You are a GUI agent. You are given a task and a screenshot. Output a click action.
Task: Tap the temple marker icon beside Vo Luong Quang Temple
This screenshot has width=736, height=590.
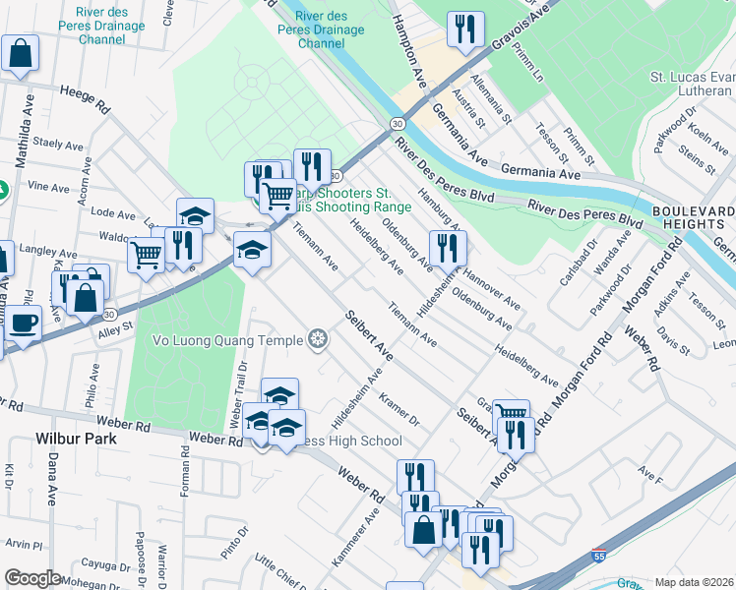(318, 340)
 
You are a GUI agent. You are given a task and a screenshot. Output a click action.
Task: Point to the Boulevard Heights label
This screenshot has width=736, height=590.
(693, 217)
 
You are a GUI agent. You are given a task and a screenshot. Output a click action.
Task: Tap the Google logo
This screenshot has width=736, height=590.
(32, 579)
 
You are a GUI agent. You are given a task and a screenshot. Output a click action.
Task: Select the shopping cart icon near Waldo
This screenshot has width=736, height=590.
(146, 256)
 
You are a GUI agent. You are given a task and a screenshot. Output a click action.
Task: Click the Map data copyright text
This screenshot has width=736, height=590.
(694, 582)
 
